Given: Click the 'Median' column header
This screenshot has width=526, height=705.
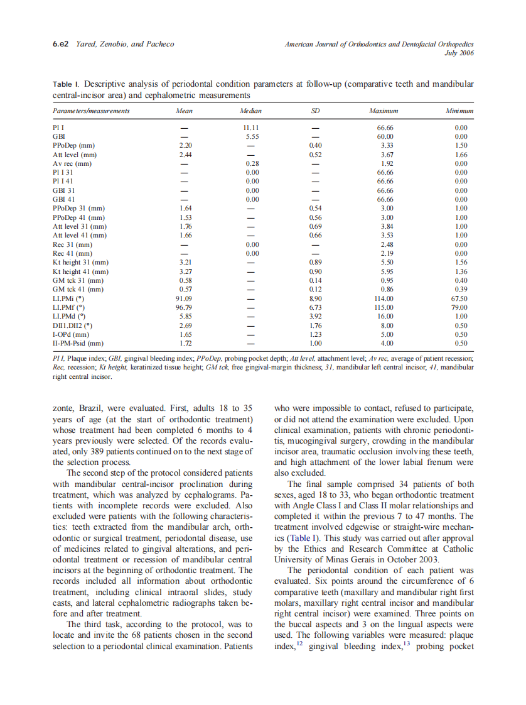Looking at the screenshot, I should point(251,111).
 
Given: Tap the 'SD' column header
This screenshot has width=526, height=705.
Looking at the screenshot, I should point(316,111).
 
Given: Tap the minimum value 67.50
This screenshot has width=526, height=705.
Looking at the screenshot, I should point(461,298).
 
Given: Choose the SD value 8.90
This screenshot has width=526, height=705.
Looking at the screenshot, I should point(316,298).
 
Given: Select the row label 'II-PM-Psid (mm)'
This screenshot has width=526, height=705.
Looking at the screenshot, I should point(78,344).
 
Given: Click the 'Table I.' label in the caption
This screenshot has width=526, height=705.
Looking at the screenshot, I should point(66,84).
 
